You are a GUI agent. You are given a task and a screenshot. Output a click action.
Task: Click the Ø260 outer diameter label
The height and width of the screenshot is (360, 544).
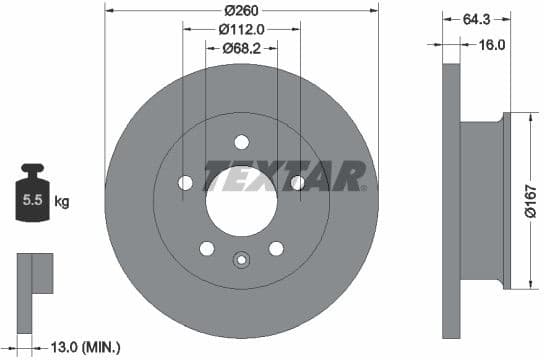[x=241, y=10]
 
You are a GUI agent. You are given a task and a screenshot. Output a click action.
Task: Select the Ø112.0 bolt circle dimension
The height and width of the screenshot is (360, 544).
[x=241, y=29]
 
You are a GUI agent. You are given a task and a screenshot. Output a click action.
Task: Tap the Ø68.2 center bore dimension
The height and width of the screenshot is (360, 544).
[x=241, y=47]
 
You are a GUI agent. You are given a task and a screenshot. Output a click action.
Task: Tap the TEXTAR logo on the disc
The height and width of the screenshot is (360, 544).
[x=286, y=176]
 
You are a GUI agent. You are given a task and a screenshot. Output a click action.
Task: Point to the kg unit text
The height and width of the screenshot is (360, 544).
[x=62, y=202]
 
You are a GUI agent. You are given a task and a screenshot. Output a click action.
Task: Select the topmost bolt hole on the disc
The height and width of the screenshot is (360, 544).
[x=241, y=141]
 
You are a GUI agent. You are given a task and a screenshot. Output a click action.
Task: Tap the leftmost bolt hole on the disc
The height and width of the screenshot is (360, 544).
[x=185, y=182]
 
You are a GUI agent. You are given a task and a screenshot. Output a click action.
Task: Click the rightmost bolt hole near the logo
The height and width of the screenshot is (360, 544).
[x=297, y=182]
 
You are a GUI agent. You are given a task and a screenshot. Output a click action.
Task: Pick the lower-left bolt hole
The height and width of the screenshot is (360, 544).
[x=206, y=248]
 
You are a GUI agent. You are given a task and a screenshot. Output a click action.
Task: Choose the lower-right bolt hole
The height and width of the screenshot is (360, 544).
[x=276, y=248]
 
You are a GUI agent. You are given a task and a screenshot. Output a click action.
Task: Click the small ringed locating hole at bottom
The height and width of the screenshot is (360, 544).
[x=241, y=262]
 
